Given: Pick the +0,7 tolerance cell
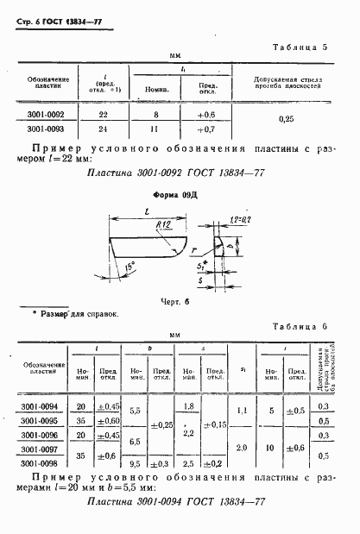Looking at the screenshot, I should (x=206, y=129).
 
